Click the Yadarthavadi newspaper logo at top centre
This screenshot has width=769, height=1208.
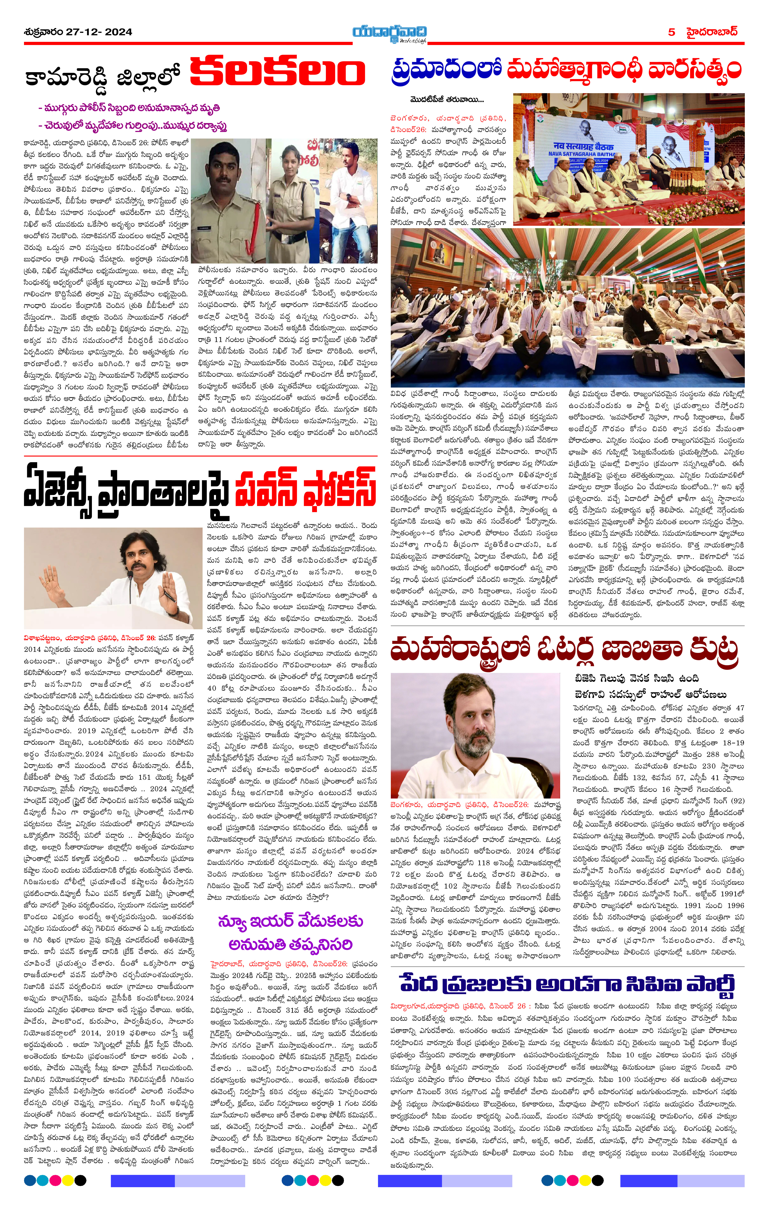coord(390,33)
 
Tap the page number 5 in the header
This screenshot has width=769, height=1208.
coord(671,32)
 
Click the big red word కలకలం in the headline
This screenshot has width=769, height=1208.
coord(278,72)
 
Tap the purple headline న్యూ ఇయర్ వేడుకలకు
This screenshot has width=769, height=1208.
coord(290,921)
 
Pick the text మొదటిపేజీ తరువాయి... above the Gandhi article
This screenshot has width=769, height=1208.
coord(446,100)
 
